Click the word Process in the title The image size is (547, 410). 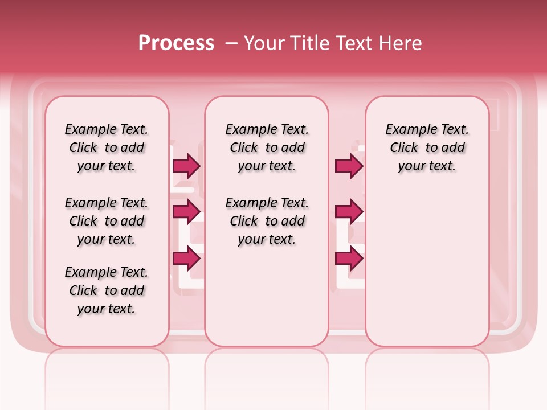176,43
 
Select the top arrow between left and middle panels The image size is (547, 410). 186,166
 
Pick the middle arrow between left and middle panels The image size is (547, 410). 186,212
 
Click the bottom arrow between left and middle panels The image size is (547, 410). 186,259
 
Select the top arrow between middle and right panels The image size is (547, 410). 349,166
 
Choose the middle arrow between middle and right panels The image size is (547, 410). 349,212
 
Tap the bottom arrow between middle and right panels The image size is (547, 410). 349,259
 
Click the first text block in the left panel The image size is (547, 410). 107,147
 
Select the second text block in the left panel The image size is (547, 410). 107,221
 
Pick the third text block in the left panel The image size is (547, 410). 107,290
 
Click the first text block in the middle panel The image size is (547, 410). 267,147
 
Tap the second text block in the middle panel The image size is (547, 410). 267,221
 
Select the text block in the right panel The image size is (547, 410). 427,147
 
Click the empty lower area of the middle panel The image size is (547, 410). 267,296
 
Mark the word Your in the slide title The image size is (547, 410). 264,43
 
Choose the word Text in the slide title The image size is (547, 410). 350,43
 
